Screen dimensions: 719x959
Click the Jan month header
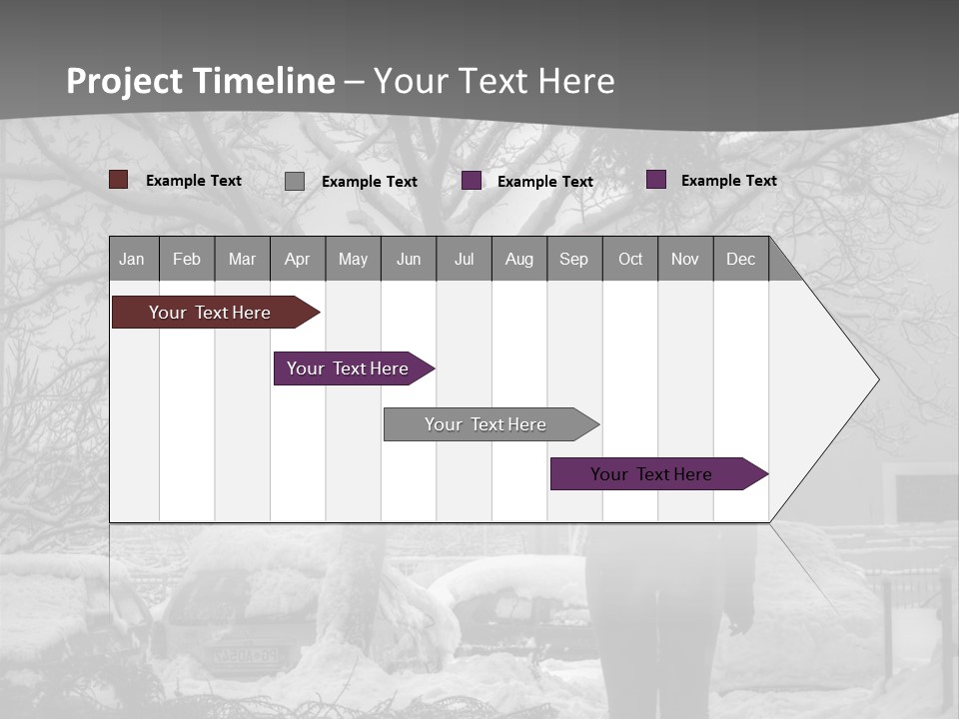[133, 259]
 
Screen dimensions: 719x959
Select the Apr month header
[297, 259]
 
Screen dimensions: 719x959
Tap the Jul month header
[464, 259]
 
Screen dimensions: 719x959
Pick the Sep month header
[573, 259]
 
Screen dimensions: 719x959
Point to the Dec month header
[740, 259]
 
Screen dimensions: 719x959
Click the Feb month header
[187, 259]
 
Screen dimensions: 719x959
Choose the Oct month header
[629, 259]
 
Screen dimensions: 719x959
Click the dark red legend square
[118, 180]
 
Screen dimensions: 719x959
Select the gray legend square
[294, 181]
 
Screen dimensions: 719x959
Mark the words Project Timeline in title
[200, 81]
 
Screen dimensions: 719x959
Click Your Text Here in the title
[494, 81]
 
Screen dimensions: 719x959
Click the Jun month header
[408, 259]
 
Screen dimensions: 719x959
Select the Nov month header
[684, 259]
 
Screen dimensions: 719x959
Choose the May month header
[353, 259]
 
